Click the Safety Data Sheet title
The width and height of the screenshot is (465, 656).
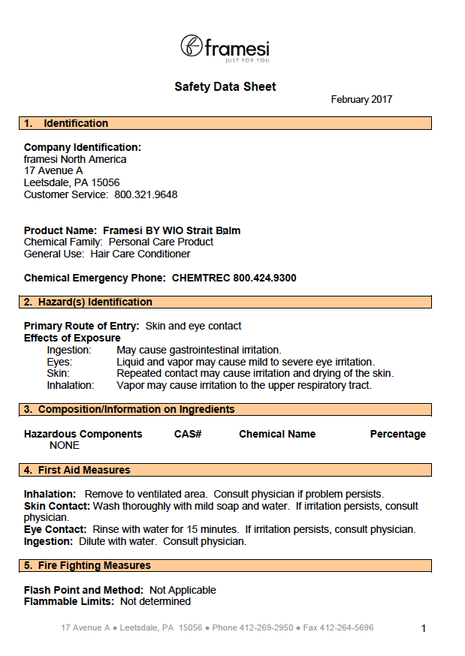tap(225, 87)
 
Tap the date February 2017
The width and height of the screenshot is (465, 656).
tap(361, 100)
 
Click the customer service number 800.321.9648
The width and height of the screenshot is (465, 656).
tap(146, 194)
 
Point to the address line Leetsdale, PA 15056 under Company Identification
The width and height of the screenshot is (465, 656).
tap(71, 182)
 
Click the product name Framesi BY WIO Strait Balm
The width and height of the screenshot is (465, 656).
tap(171, 230)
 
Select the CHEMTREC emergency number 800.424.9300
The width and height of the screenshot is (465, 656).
tap(264, 278)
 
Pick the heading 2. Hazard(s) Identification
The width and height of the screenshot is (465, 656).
tap(88, 302)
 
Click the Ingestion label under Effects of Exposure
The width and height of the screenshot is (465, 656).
tap(69, 350)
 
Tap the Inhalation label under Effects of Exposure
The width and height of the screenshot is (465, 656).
tap(71, 385)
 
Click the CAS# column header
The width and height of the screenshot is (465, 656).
tap(188, 434)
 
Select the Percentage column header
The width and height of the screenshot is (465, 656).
tap(397, 434)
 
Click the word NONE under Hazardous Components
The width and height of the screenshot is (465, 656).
tap(65, 445)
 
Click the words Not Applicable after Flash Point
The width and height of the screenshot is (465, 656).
tap(183, 590)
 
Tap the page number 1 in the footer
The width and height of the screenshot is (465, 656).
tap(424, 628)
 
